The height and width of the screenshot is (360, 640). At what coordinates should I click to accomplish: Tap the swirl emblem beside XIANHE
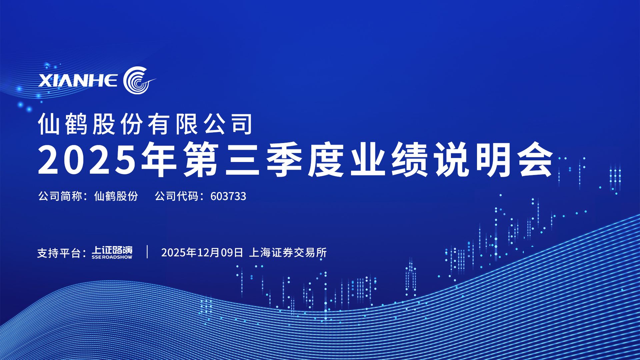[138, 80]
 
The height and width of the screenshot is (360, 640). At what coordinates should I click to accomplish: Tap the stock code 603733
[228, 196]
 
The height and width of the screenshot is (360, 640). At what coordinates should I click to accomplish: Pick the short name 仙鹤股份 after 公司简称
[116, 196]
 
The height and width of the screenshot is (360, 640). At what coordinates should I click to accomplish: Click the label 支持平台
[59, 253]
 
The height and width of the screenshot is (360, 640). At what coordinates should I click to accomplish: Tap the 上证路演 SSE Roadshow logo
[112, 252]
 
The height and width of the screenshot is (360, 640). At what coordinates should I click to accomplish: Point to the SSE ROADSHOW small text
[112, 257]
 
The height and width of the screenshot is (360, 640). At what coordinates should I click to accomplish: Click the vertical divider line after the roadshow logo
[147, 252]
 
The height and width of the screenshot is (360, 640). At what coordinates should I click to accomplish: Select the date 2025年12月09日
[202, 253]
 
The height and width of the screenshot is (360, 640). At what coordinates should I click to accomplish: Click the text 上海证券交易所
[288, 253]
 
